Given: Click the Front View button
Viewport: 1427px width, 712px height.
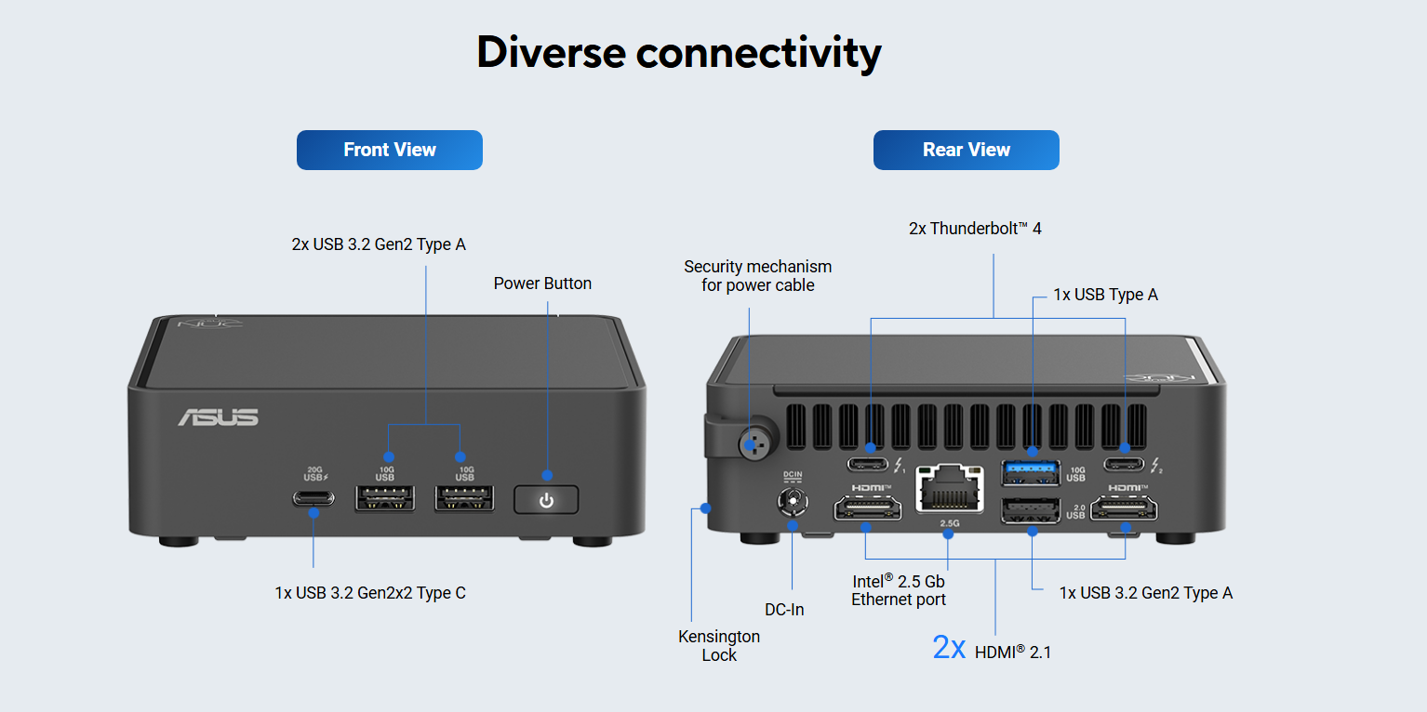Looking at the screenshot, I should point(389,150).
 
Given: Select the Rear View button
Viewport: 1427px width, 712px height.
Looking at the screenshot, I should point(966,150).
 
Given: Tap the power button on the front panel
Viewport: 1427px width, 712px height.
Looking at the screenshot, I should point(546,500).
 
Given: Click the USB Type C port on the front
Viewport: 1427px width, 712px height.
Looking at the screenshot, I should point(313,498).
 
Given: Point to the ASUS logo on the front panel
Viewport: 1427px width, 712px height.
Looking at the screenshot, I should point(219,417).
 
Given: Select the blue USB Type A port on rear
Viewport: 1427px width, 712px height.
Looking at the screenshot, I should point(1031,472).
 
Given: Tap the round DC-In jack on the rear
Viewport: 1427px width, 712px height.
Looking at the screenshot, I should point(793,503).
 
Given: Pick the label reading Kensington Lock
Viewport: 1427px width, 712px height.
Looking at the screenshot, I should point(719,646).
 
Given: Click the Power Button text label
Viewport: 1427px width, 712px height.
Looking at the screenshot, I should point(542,283).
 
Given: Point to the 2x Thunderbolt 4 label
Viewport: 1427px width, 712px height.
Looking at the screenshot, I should point(975,228).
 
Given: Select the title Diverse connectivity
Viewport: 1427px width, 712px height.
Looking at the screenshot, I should point(678,53).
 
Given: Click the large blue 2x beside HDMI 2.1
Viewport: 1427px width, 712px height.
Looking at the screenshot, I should point(949,648).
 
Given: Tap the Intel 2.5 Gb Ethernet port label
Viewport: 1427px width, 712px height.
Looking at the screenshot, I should point(899,590).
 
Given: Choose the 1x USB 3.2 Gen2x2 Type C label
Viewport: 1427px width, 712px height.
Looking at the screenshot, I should point(370,593).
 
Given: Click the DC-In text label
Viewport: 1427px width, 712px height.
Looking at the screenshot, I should point(784,610).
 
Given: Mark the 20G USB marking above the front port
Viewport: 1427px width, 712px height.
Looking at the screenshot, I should point(315,473).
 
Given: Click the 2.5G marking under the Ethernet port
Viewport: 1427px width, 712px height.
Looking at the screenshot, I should point(950,523).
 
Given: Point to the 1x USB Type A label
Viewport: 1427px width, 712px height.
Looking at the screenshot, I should point(1105,295).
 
